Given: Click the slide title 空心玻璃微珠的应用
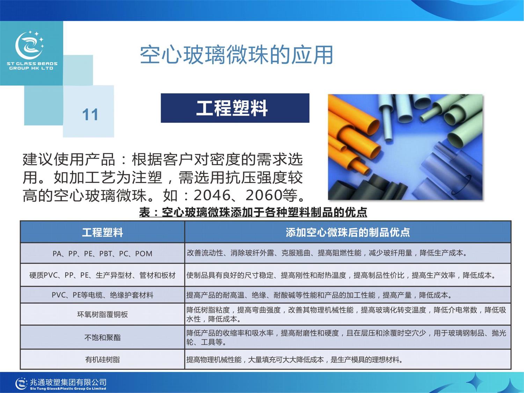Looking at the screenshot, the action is (x=236, y=55).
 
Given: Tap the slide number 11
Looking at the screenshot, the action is (x=90, y=115).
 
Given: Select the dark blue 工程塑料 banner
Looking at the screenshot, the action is (x=235, y=108).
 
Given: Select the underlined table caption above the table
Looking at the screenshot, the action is (x=253, y=212).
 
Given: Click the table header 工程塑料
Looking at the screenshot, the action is (x=102, y=232).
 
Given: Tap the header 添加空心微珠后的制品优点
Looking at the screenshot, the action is (x=348, y=232).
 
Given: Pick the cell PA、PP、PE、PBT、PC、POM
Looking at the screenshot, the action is (x=102, y=253).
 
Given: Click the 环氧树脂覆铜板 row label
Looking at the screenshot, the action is (x=102, y=314).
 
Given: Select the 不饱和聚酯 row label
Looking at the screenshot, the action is (x=102, y=337).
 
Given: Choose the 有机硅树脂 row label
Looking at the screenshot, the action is (x=102, y=359).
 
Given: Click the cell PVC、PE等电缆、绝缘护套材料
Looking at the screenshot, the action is (x=102, y=295).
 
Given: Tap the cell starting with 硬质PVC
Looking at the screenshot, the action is (x=102, y=275).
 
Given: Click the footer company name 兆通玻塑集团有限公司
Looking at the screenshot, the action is (x=68, y=382).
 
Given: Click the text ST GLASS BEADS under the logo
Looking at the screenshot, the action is (x=32, y=64).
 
